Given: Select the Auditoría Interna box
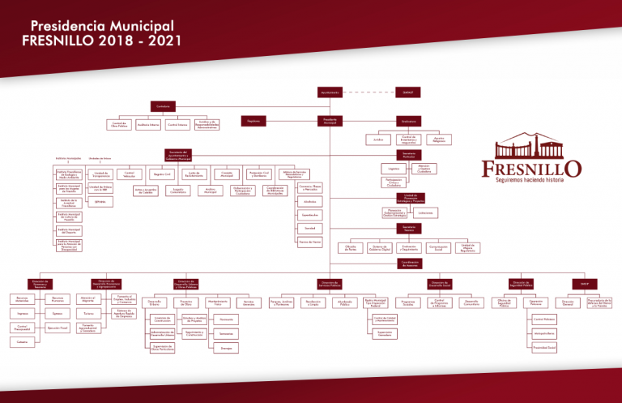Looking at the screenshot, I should coord(148,125).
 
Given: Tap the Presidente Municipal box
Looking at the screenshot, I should coord(330,121).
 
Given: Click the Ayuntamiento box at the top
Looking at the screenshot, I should coord(330,92).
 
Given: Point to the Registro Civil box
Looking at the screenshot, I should coord(164,174).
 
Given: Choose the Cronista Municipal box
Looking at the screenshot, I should coord(228,174).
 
